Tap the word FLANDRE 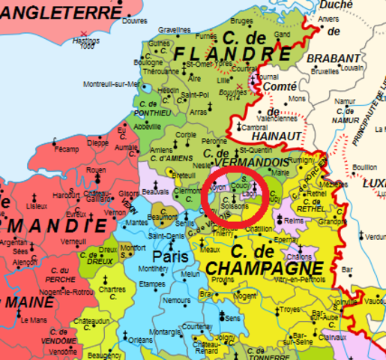pyautogui.click(x=232, y=55)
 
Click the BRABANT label pyautogui.click(x=333, y=58)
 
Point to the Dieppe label pyautogui.click(x=98, y=142)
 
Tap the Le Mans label pyautogui.click(x=33, y=320)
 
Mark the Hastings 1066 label pyautogui.click(x=86, y=41)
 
